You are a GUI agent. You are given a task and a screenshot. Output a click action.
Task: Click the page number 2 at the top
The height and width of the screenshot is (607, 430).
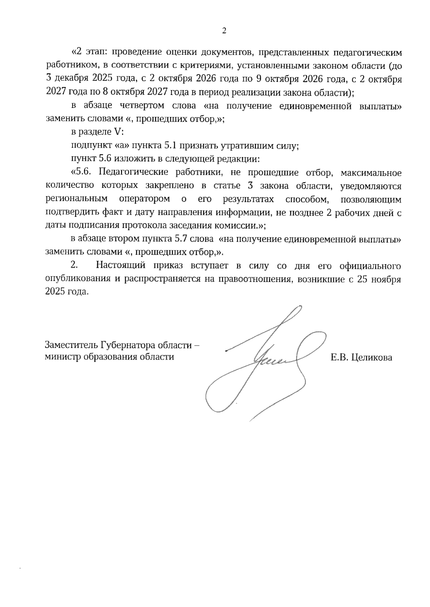pos(224,31)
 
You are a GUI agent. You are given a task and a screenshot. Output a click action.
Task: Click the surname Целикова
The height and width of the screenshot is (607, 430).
pos(372,357)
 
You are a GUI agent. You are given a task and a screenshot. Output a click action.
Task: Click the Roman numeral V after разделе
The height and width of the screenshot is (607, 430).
pos(118,132)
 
